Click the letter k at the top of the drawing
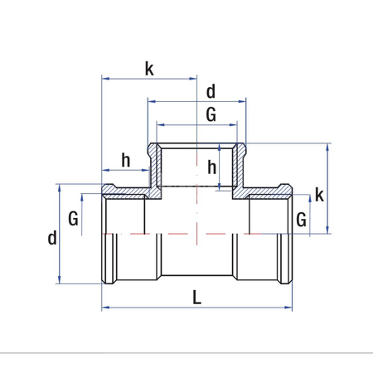point(149,69)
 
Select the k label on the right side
point(319,196)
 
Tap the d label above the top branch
point(211,90)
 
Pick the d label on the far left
point(52,238)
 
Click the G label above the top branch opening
point(211,115)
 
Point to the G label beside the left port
point(74,220)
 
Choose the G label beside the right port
point(301,220)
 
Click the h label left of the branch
point(126,160)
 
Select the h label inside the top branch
point(212,167)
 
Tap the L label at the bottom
point(196,297)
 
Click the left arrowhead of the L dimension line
point(105,308)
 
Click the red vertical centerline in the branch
point(196,207)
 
